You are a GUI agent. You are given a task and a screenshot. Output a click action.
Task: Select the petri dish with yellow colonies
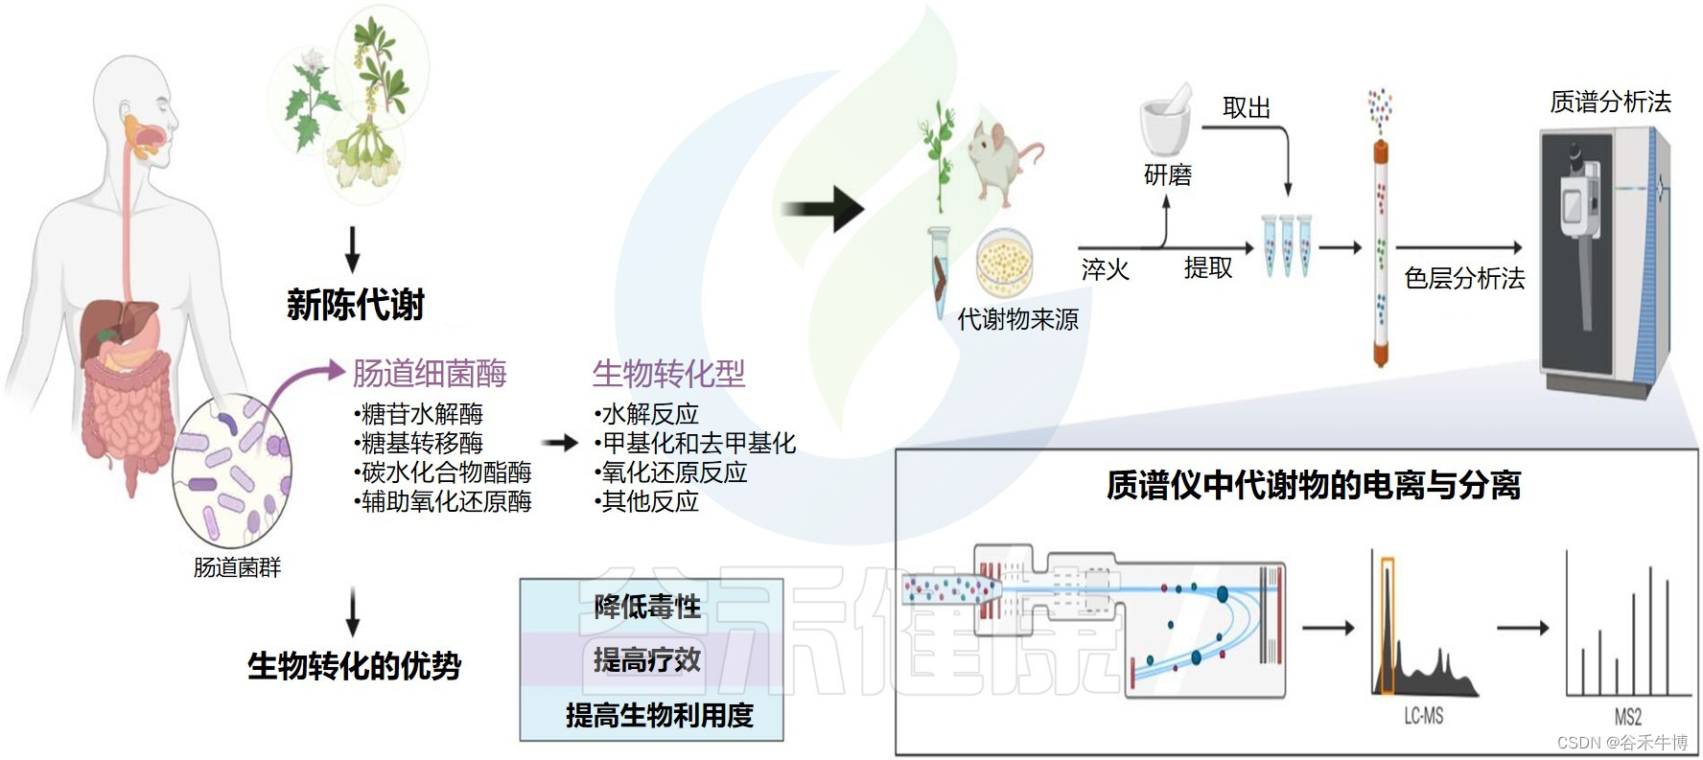tap(1004, 262)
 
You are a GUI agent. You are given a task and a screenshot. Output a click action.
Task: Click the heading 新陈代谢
tap(355, 305)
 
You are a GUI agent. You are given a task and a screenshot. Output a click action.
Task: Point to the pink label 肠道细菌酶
tap(430, 373)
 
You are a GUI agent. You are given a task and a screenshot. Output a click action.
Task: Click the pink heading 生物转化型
tap(668, 373)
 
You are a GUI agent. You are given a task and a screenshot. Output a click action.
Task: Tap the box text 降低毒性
tap(647, 607)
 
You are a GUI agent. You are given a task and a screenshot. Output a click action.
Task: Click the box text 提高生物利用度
tap(660, 715)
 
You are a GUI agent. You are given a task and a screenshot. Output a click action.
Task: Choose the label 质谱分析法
tap(1610, 102)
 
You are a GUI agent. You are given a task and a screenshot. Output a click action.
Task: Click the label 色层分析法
tap(1464, 278)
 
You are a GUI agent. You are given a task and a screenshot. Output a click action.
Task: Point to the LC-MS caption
tap(1423, 716)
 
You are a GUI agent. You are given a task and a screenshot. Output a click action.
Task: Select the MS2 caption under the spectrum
tap(1627, 717)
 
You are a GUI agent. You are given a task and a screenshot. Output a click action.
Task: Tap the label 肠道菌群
tap(237, 567)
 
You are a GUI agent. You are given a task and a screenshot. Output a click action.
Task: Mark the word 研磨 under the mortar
tap(1167, 175)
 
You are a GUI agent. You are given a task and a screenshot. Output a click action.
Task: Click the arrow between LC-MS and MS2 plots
tap(1523, 628)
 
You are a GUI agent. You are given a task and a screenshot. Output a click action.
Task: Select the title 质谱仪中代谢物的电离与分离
tap(1314, 485)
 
